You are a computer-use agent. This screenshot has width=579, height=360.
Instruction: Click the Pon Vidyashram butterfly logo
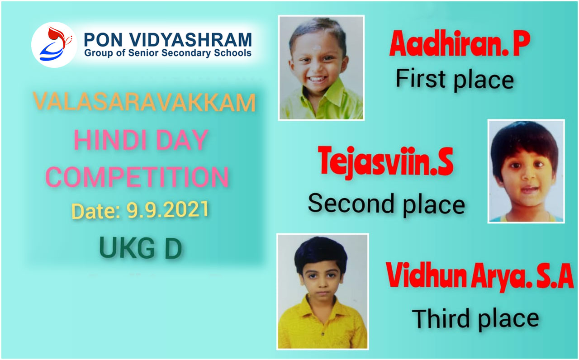coord(54,44)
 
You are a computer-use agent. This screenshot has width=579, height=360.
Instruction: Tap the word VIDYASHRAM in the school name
coord(190,40)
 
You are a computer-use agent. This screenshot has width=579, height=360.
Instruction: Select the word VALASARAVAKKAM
coord(144,102)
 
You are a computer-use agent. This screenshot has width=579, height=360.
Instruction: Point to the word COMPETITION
coord(137,177)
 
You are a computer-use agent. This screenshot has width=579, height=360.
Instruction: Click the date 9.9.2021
coord(167,209)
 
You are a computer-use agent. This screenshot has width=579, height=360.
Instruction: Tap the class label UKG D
coord(141,248)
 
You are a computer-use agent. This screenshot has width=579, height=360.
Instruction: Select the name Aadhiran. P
coord(460,43)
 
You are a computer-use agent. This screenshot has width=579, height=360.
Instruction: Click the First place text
coord(455,79)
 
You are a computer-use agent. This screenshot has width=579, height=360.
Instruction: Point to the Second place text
coord(386,204)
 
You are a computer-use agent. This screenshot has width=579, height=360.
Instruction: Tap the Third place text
coord(475,319)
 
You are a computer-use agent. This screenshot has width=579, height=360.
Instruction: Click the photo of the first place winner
coord(321,68)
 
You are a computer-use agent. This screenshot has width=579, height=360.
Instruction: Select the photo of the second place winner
coord(526,171)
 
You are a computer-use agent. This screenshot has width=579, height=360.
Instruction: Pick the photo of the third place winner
coord(323,292)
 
